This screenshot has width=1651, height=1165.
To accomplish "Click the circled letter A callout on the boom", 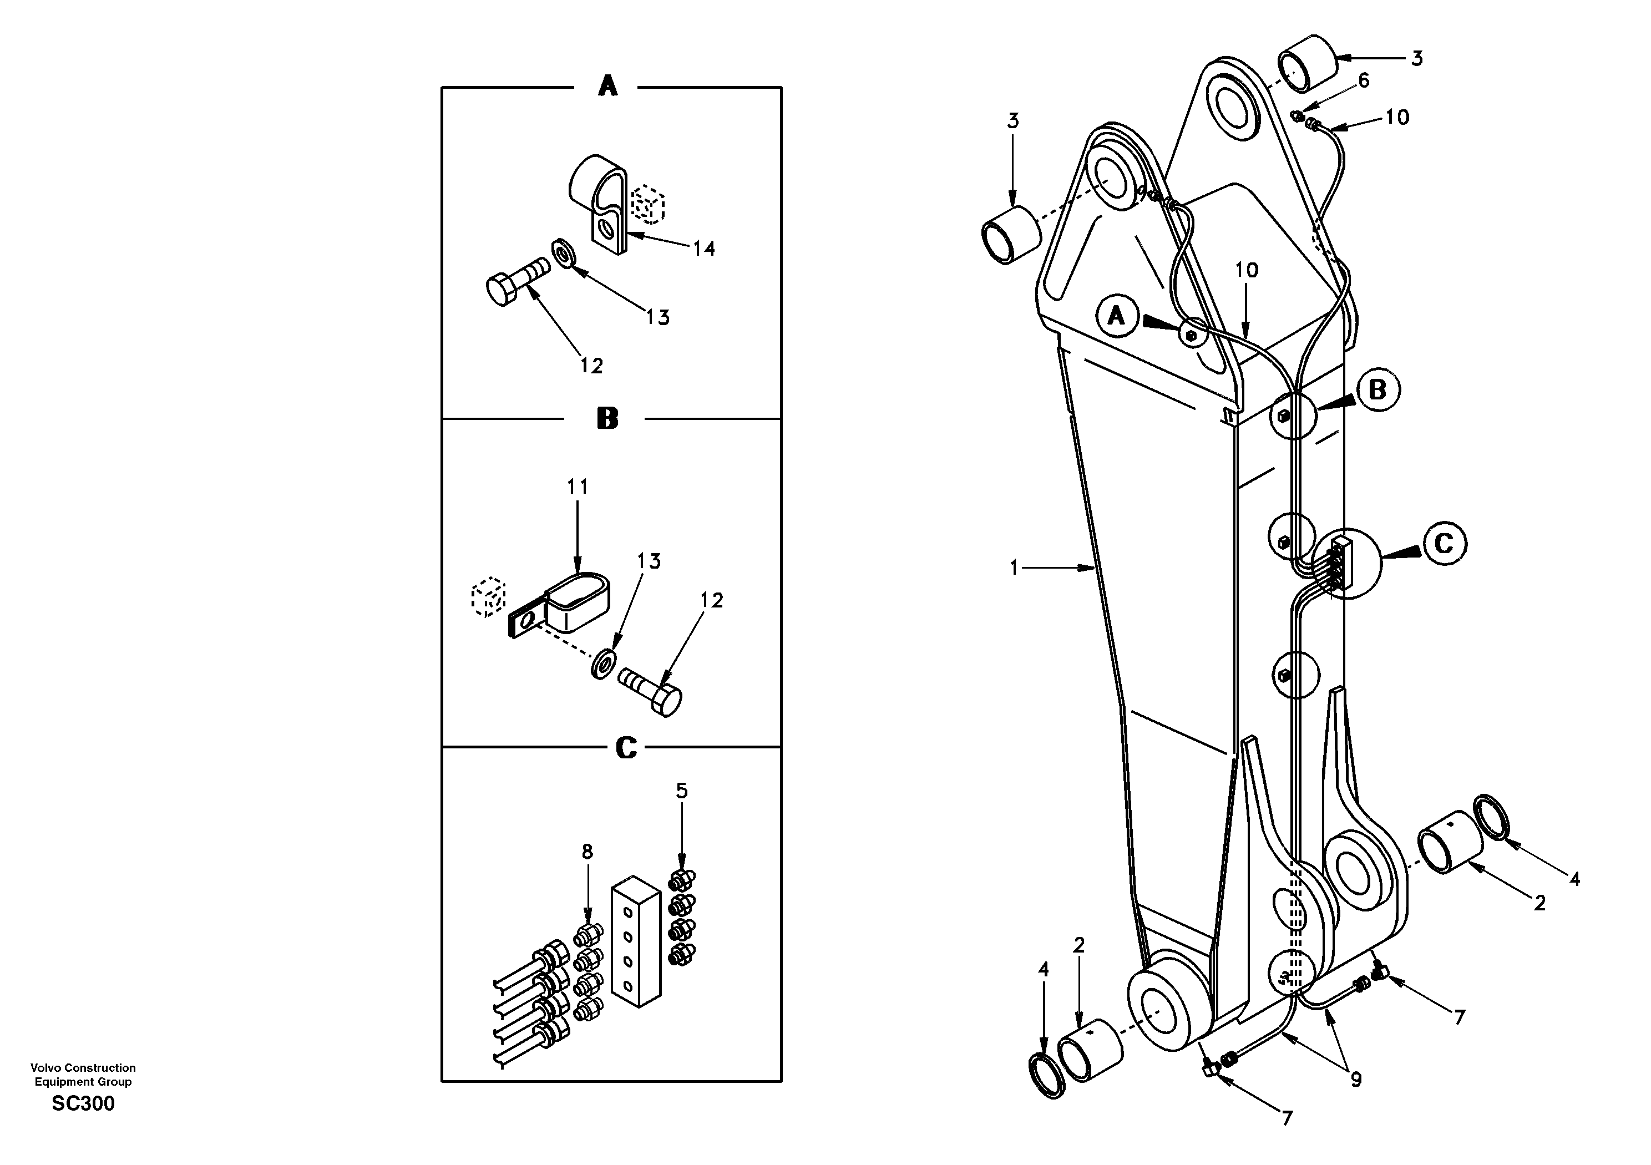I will (x=1116, y=315).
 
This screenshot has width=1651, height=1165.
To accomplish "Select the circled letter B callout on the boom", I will (x=1377, y=391).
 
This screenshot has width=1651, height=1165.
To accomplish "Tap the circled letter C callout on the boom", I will (x=1444, y=544).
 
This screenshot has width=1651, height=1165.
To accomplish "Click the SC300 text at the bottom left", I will (x=83, y=1104).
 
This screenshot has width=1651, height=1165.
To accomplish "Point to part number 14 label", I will (x=703, y=249).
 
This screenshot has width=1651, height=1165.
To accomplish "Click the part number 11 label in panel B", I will (x=578, y=488).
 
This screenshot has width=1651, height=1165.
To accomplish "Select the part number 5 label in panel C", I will (x=682, y=791).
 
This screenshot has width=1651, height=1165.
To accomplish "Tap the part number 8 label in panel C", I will (x=588, y=852).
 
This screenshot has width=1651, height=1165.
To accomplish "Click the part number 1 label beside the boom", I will (x=1014, y=568).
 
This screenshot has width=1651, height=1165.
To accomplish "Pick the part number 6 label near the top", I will (x=1364, y=80).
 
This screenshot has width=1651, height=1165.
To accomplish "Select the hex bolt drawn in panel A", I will (x=516, y=284).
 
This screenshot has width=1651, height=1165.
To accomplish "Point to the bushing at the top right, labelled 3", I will (x=1307, y=63).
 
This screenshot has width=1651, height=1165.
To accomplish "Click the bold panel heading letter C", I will (x=626, y=748).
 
